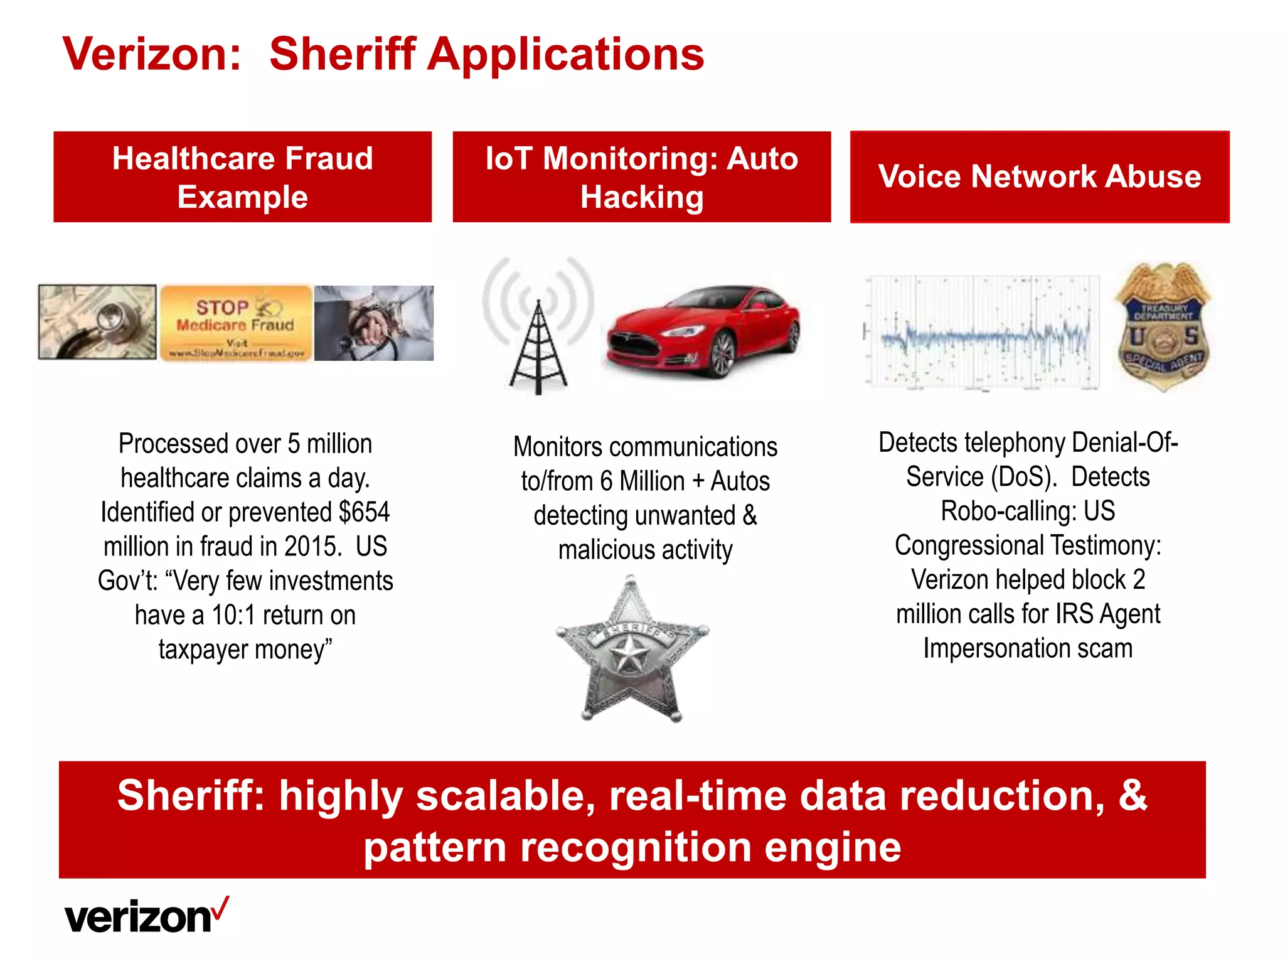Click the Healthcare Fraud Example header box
click(243, 177)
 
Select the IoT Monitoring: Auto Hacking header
click(642, 177)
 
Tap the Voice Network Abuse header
click(1040, 177)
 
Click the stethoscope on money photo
click(97, 322)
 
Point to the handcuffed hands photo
click(374, 323)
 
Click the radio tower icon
click(538, 326)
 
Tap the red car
click(703, 331)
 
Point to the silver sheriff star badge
click(631, 650)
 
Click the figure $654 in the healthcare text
click(364, 512)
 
